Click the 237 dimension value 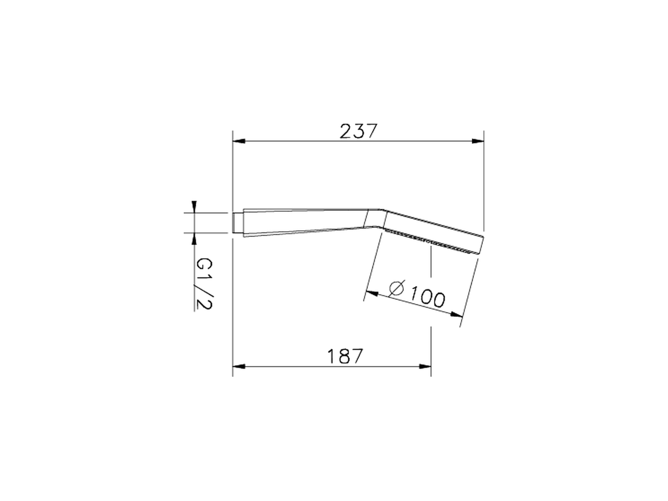tap(358, 131)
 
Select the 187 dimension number tap(345, 356)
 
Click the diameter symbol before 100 tap(397, 288)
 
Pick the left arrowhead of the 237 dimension tap(239, 141)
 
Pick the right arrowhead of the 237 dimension tap(478, 141)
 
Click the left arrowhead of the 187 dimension tap(239, 366)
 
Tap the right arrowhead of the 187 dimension tap(425, 366)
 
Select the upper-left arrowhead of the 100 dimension tap(372, 293)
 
